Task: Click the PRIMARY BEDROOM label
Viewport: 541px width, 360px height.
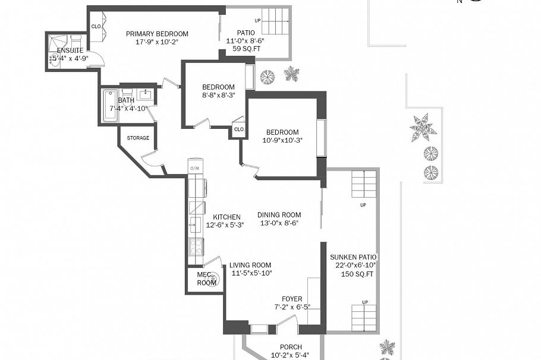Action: click(x=157, y=34)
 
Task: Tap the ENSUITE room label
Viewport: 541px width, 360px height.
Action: click(x=70, y=50)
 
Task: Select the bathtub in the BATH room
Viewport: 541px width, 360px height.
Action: click(x=111, y=106)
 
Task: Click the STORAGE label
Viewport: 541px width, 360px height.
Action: click(x=138, y=138)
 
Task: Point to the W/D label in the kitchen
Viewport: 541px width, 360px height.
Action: click(x=194, y=169)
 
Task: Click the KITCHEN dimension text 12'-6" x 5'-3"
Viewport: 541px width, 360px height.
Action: click(x=224, y=226)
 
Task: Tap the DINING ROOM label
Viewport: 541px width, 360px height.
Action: click(x=279, y=215)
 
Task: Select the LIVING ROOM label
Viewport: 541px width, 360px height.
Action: click(x=250, y=266)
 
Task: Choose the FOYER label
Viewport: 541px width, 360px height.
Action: click(x=292, y=299)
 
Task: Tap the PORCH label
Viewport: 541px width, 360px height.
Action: click(x=291, y=347)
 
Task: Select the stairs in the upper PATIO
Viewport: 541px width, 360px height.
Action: click(x=275, y=22)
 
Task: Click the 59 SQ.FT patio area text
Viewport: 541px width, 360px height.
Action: click(x=246, y=49)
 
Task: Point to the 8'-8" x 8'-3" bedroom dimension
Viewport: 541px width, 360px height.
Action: click(x=218, y=95)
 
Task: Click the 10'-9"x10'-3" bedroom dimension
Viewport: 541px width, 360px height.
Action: click(x=282, y=140)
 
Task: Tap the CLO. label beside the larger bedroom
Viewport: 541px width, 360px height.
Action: click(x=239, y=130)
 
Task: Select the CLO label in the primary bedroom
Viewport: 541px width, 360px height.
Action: click(x=96, y=26)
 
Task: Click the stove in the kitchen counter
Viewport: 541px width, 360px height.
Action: click(x=196, y=245)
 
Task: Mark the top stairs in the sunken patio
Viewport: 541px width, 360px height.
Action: click(x=363, y=184)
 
